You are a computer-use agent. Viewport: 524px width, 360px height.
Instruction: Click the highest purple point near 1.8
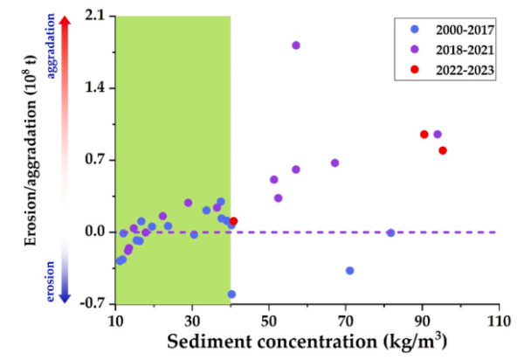coord(296,45)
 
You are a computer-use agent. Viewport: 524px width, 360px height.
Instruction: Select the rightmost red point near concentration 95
coord(443,150)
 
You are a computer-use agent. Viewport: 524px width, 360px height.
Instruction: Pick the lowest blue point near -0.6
coord(231,294)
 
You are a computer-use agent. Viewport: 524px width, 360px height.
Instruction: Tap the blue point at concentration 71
coord(349,270)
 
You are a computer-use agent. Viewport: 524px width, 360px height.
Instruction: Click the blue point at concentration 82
coord(390,232)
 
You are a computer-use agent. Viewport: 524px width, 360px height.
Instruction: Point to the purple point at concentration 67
coord(334,163)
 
